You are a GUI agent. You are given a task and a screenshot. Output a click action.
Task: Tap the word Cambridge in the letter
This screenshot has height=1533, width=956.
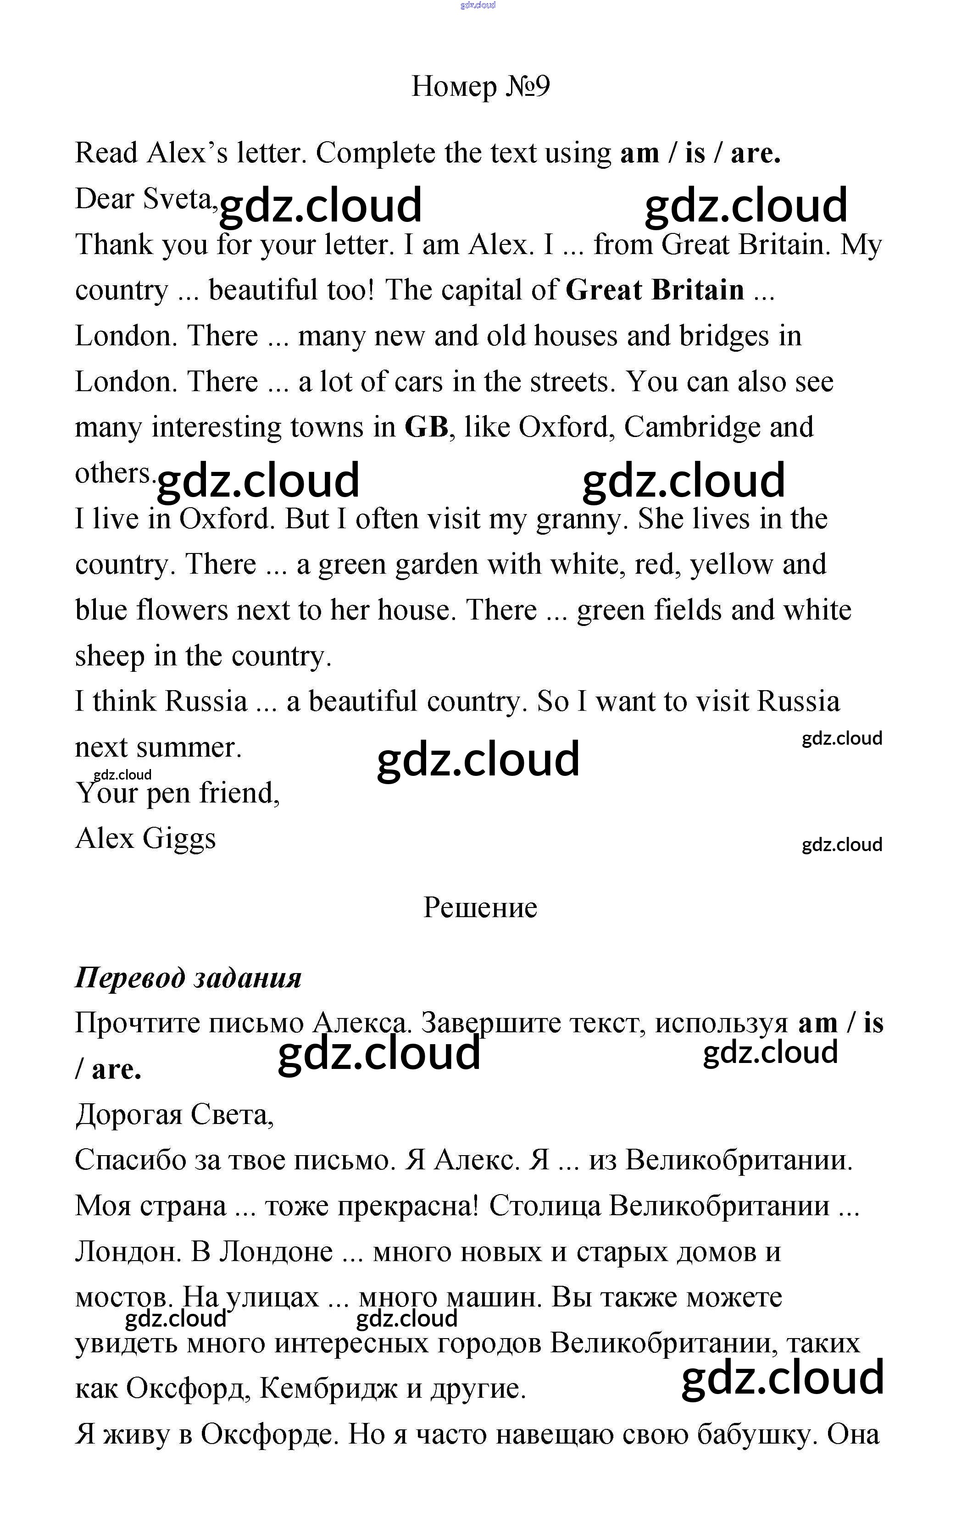(692, 427)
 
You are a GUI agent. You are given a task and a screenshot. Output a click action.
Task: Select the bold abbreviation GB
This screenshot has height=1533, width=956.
(426, 427)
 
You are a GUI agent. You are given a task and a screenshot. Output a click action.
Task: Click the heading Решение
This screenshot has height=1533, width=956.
(480, 908)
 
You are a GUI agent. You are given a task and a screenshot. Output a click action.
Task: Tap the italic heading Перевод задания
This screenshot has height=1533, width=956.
(188, 978)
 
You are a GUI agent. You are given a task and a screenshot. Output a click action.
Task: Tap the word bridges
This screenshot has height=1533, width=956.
(724, 336)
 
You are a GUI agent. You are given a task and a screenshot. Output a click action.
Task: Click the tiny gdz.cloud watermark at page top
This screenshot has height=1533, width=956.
(478, 5)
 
